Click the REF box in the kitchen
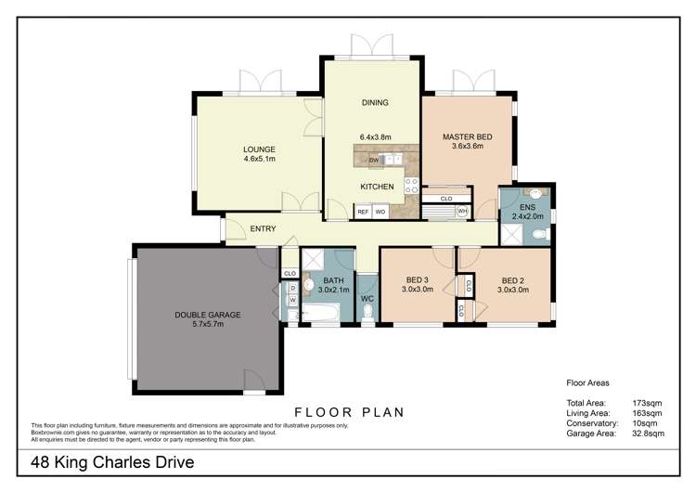(364, 212)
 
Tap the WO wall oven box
(380, 212)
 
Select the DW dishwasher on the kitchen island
(372, 160)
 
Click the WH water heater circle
(462, 212)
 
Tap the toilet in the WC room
(367, 313)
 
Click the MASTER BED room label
(467, 136)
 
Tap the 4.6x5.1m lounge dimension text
(260, 159)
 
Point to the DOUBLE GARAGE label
(208, 315)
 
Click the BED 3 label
(419, 280)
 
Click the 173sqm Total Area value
(647, 404)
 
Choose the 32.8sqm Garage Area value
(649, 433)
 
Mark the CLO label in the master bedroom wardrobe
(446, 198)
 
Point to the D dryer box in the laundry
(292, 288)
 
